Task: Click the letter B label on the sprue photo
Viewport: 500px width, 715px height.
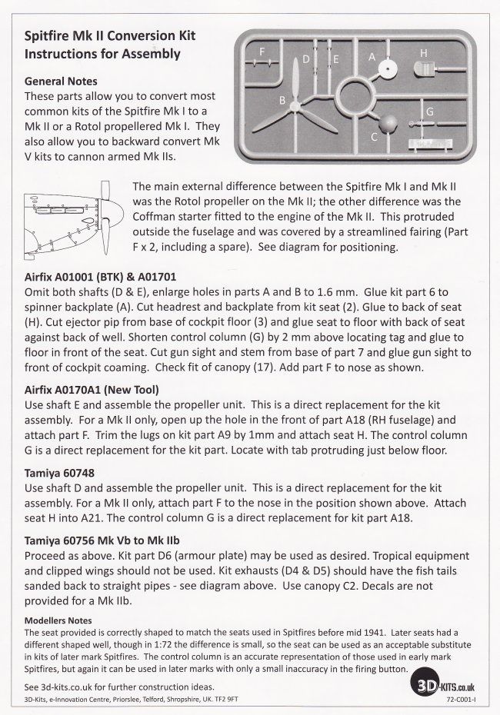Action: pos(283,101)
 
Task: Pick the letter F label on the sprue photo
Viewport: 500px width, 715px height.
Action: pos(262,52)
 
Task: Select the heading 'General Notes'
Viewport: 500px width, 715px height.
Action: pos(62,81)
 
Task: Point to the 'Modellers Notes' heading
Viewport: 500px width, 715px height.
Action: pos(58,620)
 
